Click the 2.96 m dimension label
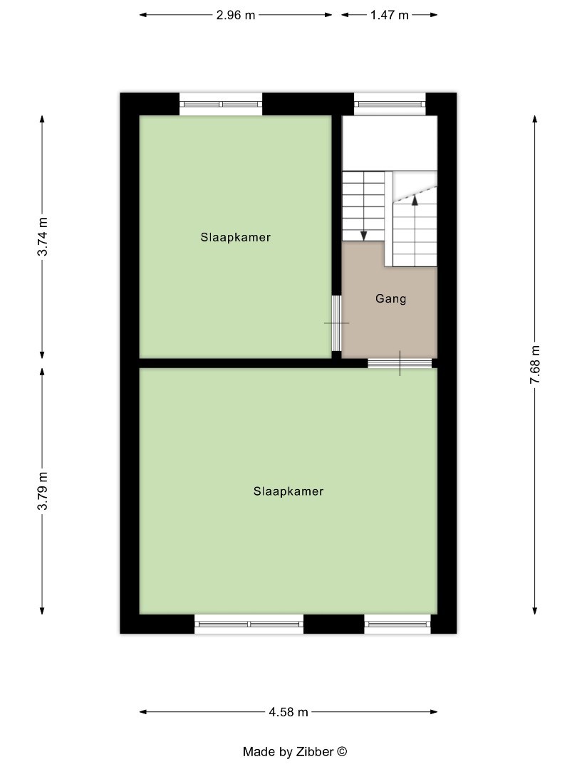tap(236, 15)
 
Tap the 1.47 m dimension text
tap(389, 15)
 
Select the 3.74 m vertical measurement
tap(43, 236)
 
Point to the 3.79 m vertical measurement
tap(43, 491)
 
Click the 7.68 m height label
tap(535, 365)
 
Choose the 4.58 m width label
tap(288, 711)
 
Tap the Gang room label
tap(390, 299)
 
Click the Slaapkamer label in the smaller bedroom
tap(235, 238)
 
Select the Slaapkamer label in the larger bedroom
tap(288, 491)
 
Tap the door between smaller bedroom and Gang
tap(336, 323)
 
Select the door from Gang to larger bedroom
tap(400, 363)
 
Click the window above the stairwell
tap(390, 104)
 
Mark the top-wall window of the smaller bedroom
tap(221, 104)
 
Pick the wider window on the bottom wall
tap(249, 624)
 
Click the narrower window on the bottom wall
tap(397, 624)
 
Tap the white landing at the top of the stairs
tap(389, 142)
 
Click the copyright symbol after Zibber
tap(342, 751)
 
